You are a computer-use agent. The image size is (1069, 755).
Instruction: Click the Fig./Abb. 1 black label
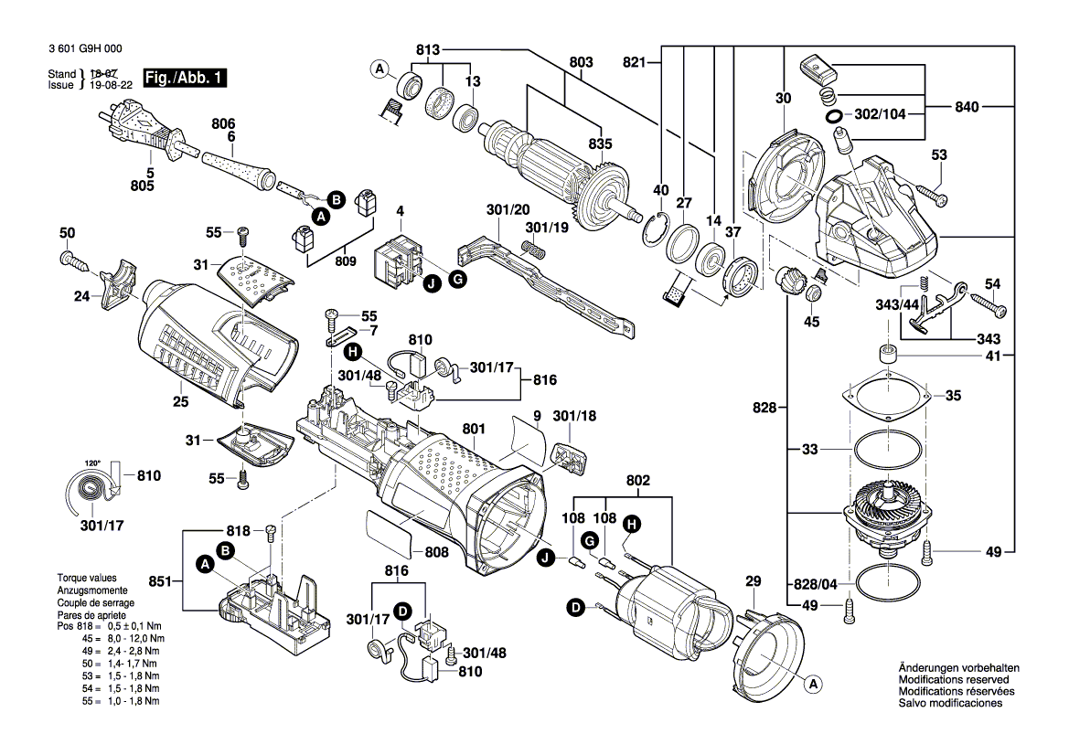[184, 79]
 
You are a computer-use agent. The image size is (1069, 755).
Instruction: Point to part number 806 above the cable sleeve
[223, 123]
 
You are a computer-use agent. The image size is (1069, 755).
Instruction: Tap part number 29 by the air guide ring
[753, 581]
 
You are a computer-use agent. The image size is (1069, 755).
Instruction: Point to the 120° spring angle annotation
[91, 463]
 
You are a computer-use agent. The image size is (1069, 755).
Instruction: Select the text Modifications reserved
[953, 680]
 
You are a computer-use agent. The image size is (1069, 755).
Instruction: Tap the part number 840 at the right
[967, 107]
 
